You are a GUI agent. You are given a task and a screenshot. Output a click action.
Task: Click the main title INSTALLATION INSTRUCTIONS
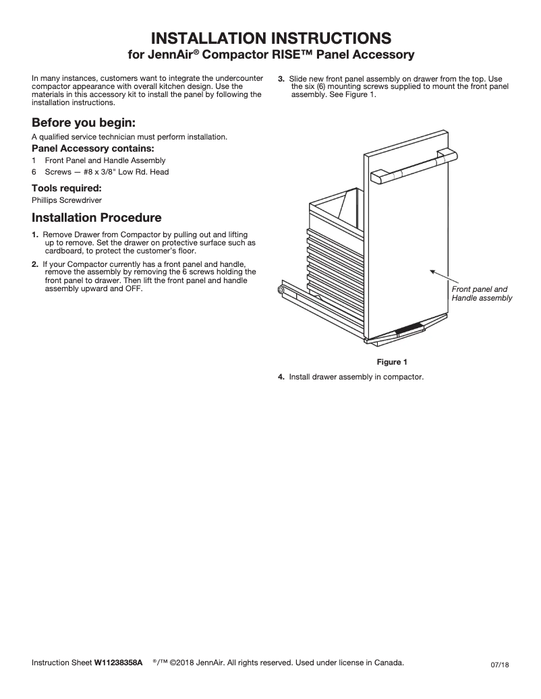[x=270, y=36]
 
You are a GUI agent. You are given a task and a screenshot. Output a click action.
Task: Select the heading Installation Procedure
[x=96, y=218]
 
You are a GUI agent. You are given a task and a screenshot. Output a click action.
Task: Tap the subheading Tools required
[x=66, y=188]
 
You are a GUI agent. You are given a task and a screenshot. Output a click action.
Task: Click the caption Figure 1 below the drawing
[x=392, y=362]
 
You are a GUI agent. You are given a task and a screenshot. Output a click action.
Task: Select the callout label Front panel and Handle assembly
[x=482, y=293]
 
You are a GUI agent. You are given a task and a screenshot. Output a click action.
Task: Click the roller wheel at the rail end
[x=281, y=290]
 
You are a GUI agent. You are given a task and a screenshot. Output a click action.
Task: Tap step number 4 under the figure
[x=281, y=377]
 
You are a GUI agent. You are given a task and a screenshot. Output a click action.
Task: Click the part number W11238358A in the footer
[x=118, y=663]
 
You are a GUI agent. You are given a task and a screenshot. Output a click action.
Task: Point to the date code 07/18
[x=500, y=665]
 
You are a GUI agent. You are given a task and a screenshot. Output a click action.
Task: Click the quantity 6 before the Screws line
[x=34, y=172]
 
